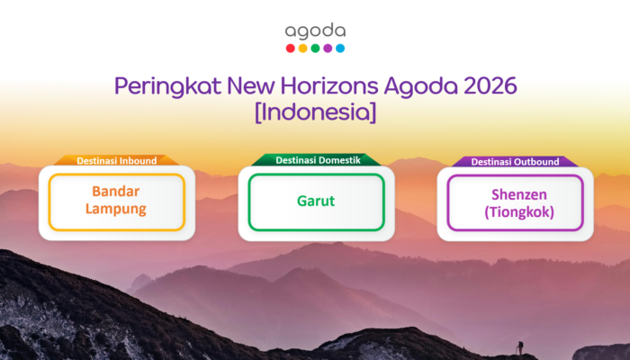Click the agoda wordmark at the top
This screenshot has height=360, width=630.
(x=315, y=32)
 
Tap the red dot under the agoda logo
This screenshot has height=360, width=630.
(x=290, y=49)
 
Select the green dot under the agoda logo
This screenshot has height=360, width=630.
(x=315, y=49)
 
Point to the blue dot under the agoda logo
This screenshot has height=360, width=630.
(x=340, y=49)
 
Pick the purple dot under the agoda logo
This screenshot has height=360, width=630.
(x=328, y=49)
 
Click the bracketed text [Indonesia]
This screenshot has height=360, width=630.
(x=315, y=114)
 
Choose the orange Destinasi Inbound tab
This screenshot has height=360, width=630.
(x=117, y=161)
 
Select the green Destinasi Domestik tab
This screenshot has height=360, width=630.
(x=316, y=161)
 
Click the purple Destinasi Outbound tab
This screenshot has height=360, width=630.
(x=515, y=161)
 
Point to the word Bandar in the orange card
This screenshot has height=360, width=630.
(x=117, y=192)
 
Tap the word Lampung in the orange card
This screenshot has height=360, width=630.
(x=117, y=210)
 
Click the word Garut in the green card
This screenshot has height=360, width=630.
(x=316, y=201)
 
